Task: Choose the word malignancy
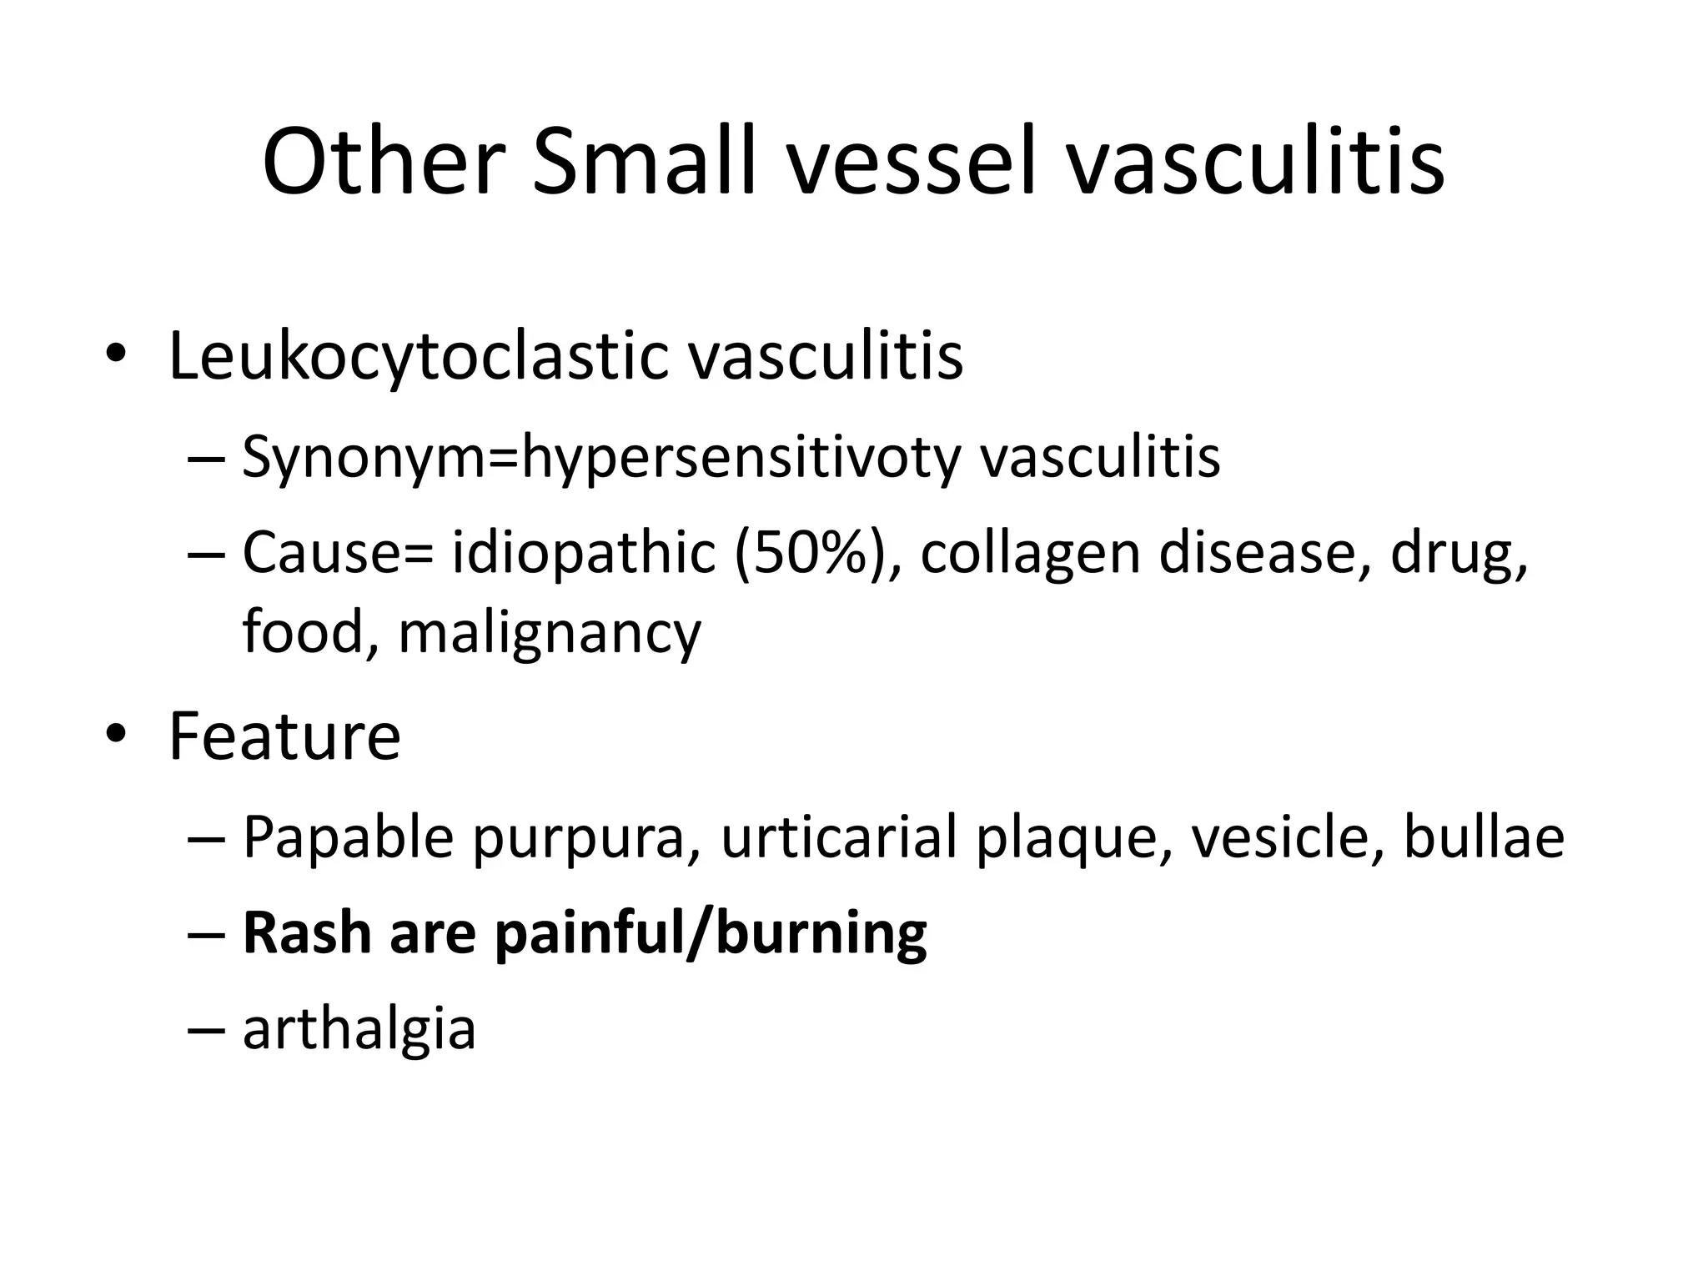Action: [550, 632]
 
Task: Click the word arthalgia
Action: [359, 1027]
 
